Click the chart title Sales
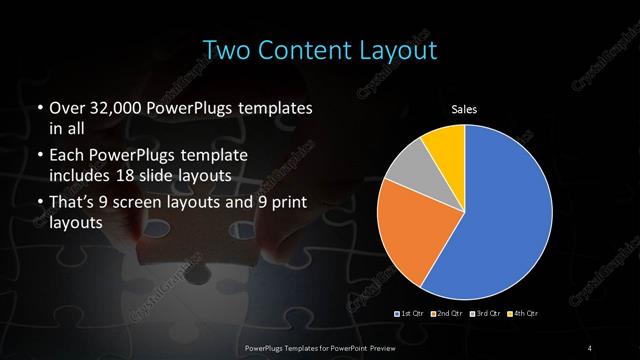[465, 108]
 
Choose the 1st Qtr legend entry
[410, 314]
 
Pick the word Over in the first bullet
[67, 107]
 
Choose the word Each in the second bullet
[67, 158]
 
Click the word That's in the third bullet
[73, 204]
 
